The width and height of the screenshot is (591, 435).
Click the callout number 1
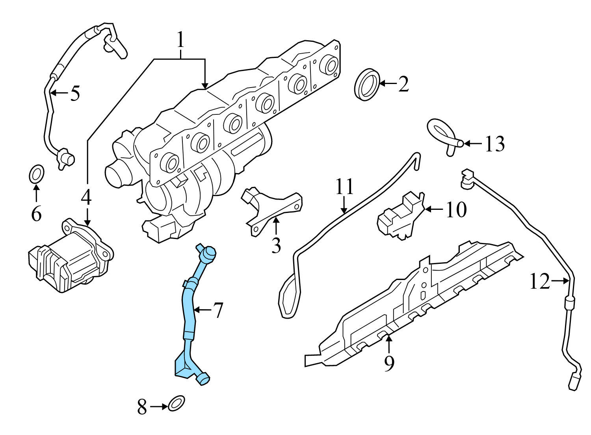click(180, 41)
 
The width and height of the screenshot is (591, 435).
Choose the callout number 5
click(75, 93)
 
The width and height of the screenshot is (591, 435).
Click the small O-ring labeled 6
click(37, 174)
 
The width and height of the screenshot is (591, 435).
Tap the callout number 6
click(36, 214)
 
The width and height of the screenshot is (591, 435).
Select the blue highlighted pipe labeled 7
click(190, 316)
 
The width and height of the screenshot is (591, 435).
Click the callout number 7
click(217, 311)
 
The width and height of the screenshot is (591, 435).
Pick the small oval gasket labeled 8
click(176, 403)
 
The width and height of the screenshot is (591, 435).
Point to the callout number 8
click(142, 407)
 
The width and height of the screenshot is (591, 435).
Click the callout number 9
click(389, 364)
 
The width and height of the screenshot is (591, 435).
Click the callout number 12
click(539, 282)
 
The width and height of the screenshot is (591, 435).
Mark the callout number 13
click(494, 144)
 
